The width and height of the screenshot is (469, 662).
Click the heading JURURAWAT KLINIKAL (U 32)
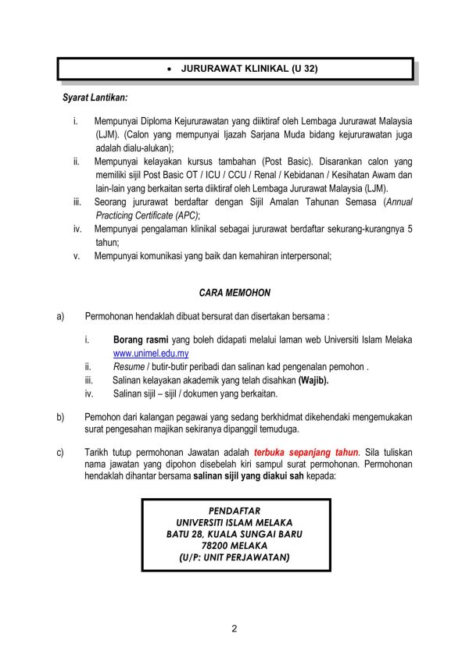coord(249,69)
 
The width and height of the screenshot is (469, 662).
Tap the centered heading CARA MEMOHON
coord(234,293)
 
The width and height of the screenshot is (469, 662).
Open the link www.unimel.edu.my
coord(151,353)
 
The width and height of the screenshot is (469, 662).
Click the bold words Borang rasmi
coord(141,340)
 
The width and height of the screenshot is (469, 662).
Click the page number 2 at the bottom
coord(234,629)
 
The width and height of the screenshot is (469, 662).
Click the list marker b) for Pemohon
coord(59,417)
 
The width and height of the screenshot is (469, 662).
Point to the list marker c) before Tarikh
coord(59,452)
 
